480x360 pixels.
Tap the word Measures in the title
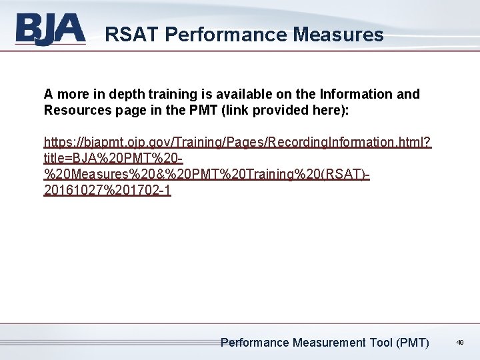(337, 34)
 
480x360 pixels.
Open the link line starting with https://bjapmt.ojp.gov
(237, 142)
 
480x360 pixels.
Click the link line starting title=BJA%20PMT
(114, 158)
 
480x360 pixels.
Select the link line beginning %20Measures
(207, 174)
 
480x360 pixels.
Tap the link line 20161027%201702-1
(107, 190)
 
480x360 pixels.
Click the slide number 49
(460, 343)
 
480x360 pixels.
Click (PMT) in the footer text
(413, 343)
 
